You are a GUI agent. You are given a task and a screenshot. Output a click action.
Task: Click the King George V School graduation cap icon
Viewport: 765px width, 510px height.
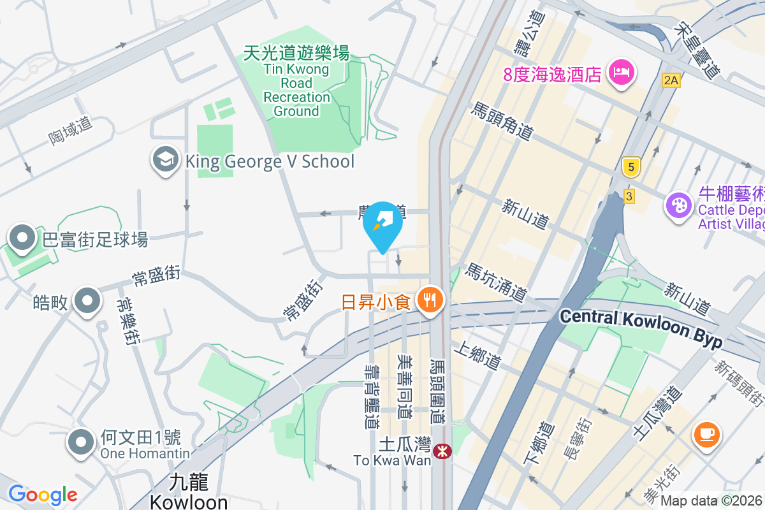166,161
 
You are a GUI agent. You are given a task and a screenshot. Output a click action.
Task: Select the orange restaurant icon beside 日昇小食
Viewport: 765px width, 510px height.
430,299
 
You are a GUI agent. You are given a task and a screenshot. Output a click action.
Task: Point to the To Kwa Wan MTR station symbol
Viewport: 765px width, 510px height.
440,451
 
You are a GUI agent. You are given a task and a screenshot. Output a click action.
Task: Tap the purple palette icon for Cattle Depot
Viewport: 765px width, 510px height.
678,205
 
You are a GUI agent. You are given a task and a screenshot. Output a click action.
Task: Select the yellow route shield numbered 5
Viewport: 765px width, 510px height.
630,168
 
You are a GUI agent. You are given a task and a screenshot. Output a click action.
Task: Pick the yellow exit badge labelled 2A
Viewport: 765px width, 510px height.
671,80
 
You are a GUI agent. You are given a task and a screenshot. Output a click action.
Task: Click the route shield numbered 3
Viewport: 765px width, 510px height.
629,196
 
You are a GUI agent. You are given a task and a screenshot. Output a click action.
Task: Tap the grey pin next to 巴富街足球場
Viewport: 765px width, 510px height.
24,238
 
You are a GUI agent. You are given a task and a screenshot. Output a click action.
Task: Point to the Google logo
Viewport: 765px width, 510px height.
43,494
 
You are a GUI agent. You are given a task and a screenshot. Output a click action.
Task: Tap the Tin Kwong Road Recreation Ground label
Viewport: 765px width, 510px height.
296,82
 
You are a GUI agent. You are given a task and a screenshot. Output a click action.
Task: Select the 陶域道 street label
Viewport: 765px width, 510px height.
70,131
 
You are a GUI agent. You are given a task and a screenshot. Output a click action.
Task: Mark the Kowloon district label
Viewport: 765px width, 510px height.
189,492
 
